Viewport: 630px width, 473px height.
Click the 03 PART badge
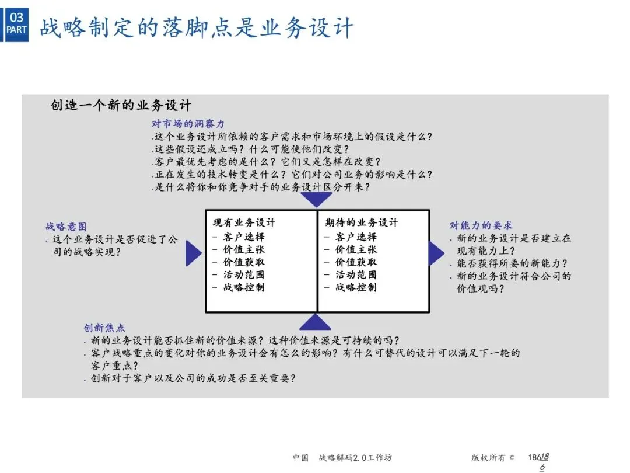[x=16, y=23]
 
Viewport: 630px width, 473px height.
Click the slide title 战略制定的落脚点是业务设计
[x=197, y=27]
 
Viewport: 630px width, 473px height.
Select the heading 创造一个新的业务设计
[x=121, y=106]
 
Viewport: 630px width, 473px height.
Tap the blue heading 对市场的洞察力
[x=188, y=124]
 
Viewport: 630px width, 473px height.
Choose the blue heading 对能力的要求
[x=481, y=225]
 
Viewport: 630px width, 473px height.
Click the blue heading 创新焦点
[x=104, y=328]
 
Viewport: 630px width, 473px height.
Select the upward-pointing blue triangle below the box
[x=316, y=322]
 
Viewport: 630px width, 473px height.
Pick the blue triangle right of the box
[x=435, y=253]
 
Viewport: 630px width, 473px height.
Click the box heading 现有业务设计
[x=244, y=223]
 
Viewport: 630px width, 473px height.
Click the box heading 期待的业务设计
[x=361, y=223]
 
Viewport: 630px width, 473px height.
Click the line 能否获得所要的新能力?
[x=512, y=263]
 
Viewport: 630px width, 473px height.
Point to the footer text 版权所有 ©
[x=493, y=458]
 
